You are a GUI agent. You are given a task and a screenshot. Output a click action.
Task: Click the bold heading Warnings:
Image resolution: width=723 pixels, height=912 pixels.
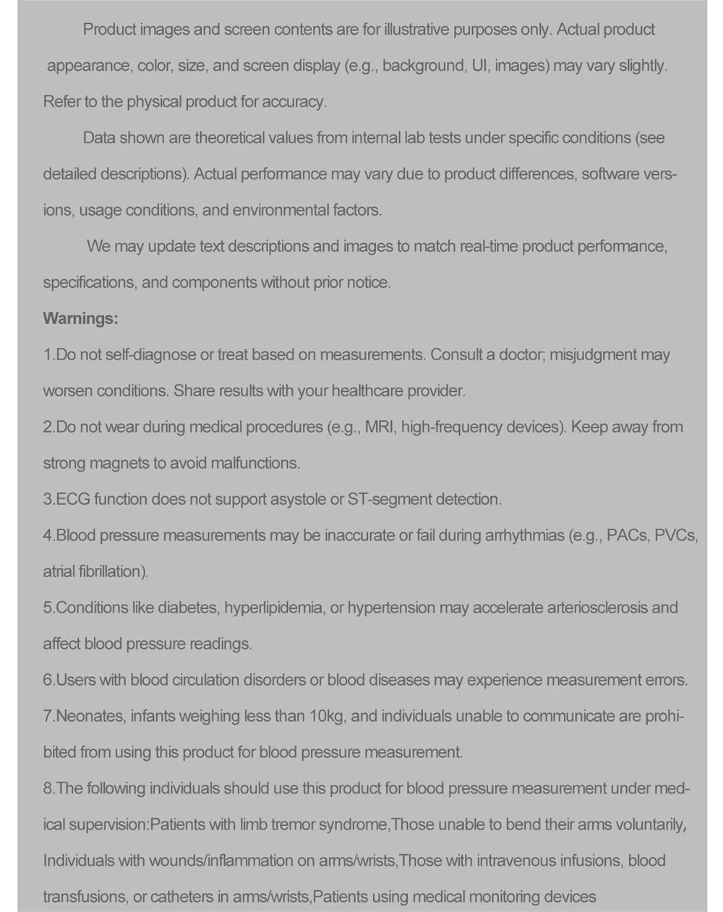(80, 318)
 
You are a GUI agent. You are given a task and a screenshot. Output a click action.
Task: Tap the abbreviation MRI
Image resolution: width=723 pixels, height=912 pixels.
(380, 427)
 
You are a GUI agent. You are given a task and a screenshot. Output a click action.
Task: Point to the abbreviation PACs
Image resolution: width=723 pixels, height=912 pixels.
(627, 535)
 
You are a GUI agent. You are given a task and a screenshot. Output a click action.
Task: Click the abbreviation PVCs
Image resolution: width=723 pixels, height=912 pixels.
(675, 535)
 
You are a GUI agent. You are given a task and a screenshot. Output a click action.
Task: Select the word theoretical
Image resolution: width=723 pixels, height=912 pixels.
(229, 137)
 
